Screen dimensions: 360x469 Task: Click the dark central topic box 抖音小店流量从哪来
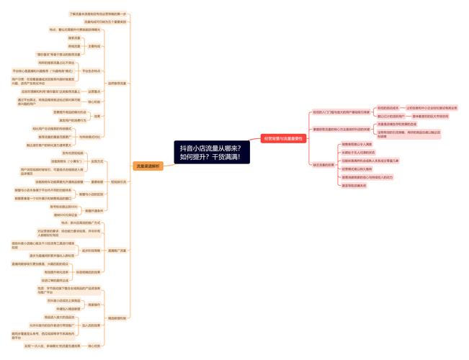click(210, 152)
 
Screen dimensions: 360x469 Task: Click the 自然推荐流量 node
click(117, 83)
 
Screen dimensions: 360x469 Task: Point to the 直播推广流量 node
click(117, 251)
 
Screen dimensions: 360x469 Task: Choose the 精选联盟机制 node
click(117, 318)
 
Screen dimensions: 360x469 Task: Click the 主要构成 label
click(94, 46)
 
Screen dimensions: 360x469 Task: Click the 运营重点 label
click(94, 91)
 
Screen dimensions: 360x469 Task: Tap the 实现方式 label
click(98, 161)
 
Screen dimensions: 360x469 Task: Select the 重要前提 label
click(98, 181)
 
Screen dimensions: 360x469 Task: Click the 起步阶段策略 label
click(91, 251)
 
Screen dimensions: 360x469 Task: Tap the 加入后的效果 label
click(91, 325)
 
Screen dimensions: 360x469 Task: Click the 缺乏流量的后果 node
click(324, 165)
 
